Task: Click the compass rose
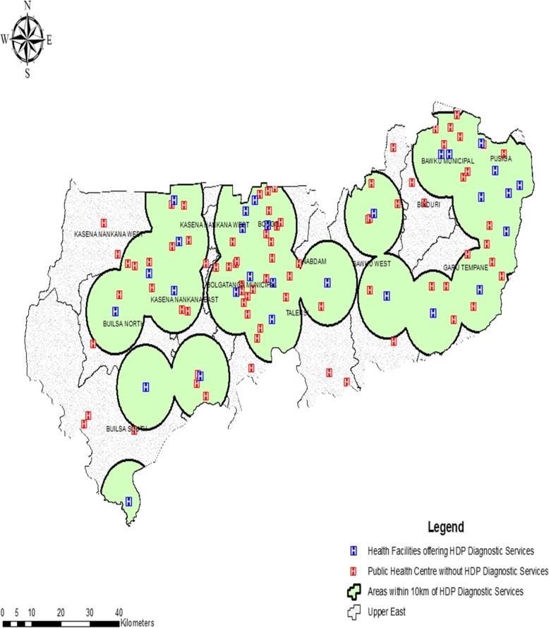[28, 38]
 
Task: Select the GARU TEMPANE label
[466, 267]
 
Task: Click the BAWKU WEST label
[371, 264]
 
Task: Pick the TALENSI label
[297, 312]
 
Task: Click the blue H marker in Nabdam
[327, 283]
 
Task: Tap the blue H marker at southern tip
[128, 502]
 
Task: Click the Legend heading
[445, 527]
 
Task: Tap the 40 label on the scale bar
[119, 611]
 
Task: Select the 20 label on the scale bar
[61, 611]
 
